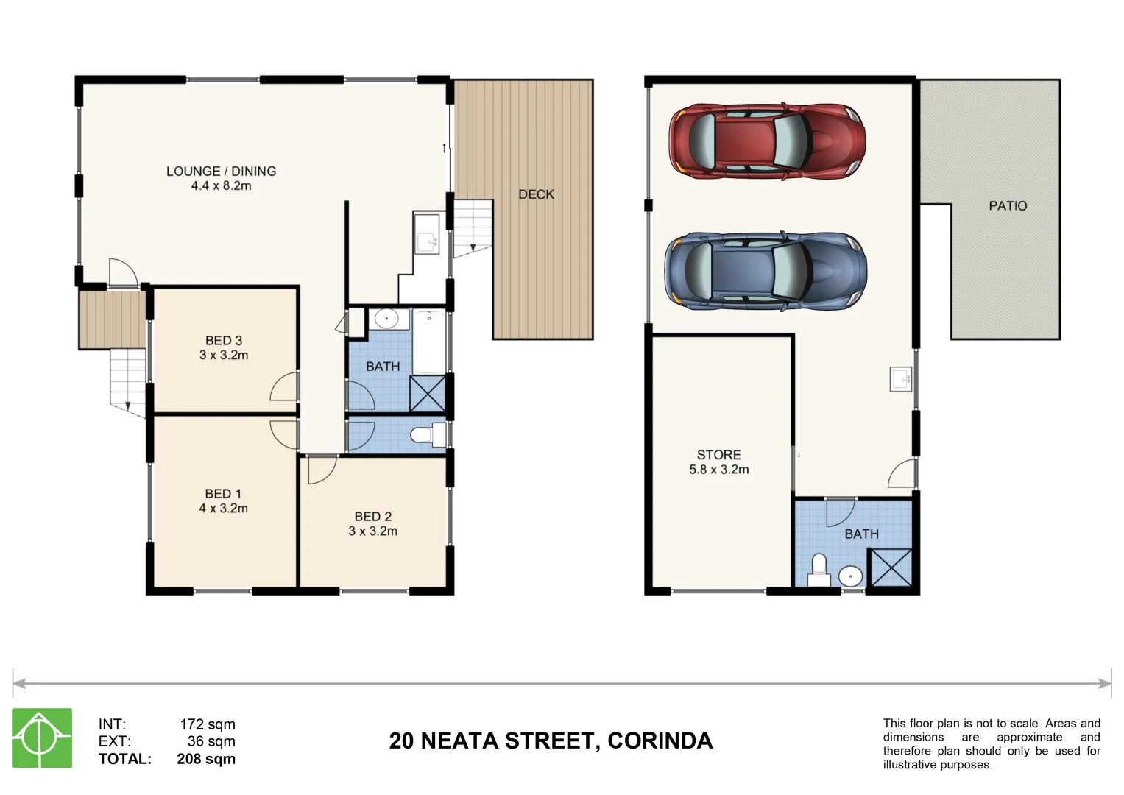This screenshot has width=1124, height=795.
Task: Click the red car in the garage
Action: (x=766, y=141)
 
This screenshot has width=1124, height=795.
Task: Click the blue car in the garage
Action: (x=766, y=271)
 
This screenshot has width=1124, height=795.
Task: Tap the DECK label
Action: (x=536, y=194)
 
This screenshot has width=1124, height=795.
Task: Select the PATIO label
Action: (x=1007, y=206)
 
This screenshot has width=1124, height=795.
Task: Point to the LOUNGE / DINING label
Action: (x=221, y=172)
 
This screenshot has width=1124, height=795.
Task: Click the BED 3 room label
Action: (x=224, y=341)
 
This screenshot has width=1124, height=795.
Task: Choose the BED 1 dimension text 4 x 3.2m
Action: (x=223, y=509)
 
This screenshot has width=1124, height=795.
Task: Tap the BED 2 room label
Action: (x=372, y=517)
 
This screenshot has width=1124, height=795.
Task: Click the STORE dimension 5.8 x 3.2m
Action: (x=718, y=470)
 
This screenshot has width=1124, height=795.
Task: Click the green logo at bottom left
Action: (x=42, y=738)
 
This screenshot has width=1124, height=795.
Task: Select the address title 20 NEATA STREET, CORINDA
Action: (x=551, y=741)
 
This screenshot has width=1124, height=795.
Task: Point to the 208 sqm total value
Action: (x=206, y=759)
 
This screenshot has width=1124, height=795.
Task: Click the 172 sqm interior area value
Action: (x=208, y=724)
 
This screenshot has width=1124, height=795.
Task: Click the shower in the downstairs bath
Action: (x=891, y=568)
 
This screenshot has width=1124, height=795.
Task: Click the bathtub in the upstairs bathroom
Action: (x=429, y=342)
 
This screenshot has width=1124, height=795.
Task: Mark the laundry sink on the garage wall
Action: (x=901, y=379)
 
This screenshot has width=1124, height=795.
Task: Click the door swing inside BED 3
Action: (x=286, y=386)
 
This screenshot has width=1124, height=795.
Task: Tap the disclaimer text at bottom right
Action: (x=991, y=743)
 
